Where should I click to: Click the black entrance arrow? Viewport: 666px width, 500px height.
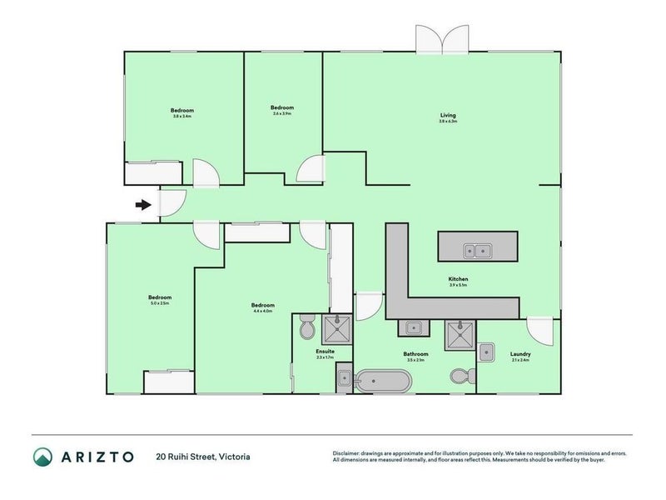[144, 204]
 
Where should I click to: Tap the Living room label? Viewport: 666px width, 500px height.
[448, 115]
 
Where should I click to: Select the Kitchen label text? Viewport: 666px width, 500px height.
[458, 278]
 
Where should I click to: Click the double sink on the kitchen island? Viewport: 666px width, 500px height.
[478, 248]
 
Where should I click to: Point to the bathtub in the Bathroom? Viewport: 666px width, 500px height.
[382, 382]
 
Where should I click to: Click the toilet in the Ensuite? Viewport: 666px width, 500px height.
[306, 327]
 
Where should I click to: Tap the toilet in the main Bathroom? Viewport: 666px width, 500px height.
[463, 376]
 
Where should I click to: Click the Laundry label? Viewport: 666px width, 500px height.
[520, 354]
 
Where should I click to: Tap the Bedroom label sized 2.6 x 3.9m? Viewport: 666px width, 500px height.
[282, 107]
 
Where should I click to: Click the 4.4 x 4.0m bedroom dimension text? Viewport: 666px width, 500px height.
[262, 312]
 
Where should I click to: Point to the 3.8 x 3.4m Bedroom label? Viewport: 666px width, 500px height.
[182, 111]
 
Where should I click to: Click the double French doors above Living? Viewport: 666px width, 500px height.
[443, 40]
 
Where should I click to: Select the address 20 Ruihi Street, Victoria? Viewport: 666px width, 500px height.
[202, 457]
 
